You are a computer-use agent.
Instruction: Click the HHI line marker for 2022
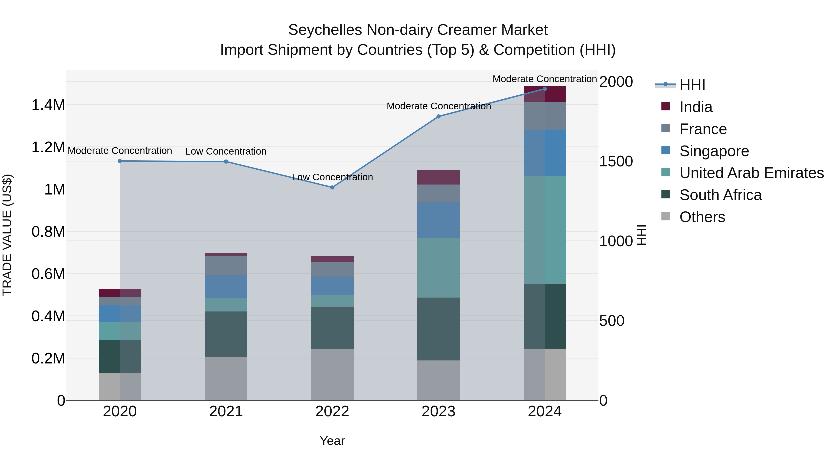click(332, 188)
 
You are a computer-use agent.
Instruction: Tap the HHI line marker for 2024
click(545, 89)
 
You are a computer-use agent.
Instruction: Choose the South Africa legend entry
click(720, 195)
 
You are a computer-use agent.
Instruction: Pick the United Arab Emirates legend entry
click(751, 173)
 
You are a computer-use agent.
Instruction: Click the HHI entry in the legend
click(692, 85)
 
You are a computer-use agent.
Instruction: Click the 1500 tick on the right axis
click(616, 162)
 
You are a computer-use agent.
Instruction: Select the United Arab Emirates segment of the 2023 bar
click(438, 268)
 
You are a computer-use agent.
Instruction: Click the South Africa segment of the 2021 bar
click(226, 334)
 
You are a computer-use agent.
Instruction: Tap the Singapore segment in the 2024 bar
click(545, 153)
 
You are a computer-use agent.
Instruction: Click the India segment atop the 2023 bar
click(438, 177)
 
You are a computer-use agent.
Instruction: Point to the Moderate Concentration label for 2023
click(438, 106)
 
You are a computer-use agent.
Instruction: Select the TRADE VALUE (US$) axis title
click(7, 235)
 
